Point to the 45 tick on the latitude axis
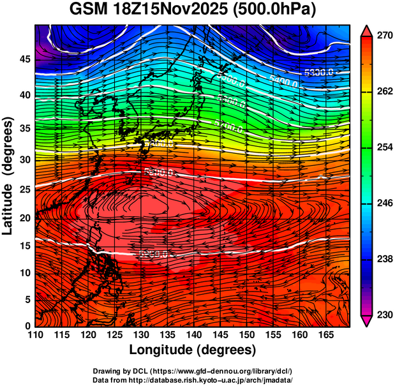[23, 59]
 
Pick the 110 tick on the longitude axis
[35, 334]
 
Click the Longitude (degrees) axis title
[193, 350]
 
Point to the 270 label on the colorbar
[380, 36]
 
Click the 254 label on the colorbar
[380, 147]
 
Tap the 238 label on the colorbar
[380, 259]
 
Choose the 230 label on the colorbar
[380, 315]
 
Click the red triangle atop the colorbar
[366, 30]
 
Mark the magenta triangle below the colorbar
[366, 321]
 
